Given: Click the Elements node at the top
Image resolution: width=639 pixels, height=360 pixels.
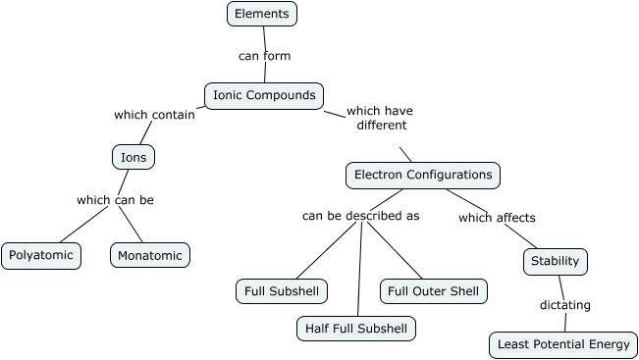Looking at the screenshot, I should point(261,14).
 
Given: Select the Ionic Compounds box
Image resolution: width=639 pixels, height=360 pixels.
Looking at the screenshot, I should point(264,95).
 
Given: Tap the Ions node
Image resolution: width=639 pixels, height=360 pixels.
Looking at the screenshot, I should point(133,157).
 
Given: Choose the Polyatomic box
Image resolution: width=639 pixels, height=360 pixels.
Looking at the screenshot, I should point(40,255).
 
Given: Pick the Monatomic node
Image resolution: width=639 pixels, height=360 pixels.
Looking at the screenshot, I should point(149,255).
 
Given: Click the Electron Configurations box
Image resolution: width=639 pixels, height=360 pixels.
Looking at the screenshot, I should point(422,175).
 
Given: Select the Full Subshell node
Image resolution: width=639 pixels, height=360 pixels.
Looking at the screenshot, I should point(282,291).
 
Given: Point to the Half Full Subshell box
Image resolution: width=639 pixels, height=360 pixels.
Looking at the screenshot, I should point(356,329).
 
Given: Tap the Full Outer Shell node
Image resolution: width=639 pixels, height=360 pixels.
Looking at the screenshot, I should point(433,291).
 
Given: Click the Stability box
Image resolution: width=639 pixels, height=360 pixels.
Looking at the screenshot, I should point(555,261).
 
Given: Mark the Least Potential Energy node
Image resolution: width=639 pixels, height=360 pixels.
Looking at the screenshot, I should point(562,344).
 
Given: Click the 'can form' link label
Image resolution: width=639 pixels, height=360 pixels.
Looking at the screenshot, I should point(264,56).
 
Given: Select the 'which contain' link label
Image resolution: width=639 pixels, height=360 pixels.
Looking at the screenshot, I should point(154,115).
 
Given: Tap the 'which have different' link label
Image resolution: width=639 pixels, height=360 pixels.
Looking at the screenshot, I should point(380,118).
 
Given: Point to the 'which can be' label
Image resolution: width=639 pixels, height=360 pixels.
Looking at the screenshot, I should point(115,200).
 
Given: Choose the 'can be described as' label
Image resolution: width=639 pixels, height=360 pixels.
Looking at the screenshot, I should point(360,216).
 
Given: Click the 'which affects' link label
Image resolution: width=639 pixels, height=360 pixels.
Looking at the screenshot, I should point(497,218).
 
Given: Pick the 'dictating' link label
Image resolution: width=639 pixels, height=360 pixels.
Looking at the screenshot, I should point(565,305).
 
